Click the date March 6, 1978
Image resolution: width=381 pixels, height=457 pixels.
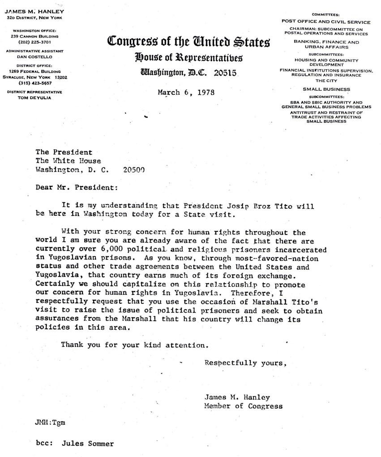186,92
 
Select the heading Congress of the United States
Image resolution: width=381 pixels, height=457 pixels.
188,43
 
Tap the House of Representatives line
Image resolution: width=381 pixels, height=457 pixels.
188,58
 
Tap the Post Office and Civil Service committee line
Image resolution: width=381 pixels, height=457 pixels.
325,21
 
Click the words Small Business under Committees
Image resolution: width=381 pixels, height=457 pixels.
325,89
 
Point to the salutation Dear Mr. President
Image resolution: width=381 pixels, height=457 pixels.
77,188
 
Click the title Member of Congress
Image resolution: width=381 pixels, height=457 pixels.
243,406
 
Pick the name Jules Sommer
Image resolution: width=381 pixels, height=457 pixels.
88,444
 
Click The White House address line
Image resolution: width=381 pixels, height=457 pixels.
68,161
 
